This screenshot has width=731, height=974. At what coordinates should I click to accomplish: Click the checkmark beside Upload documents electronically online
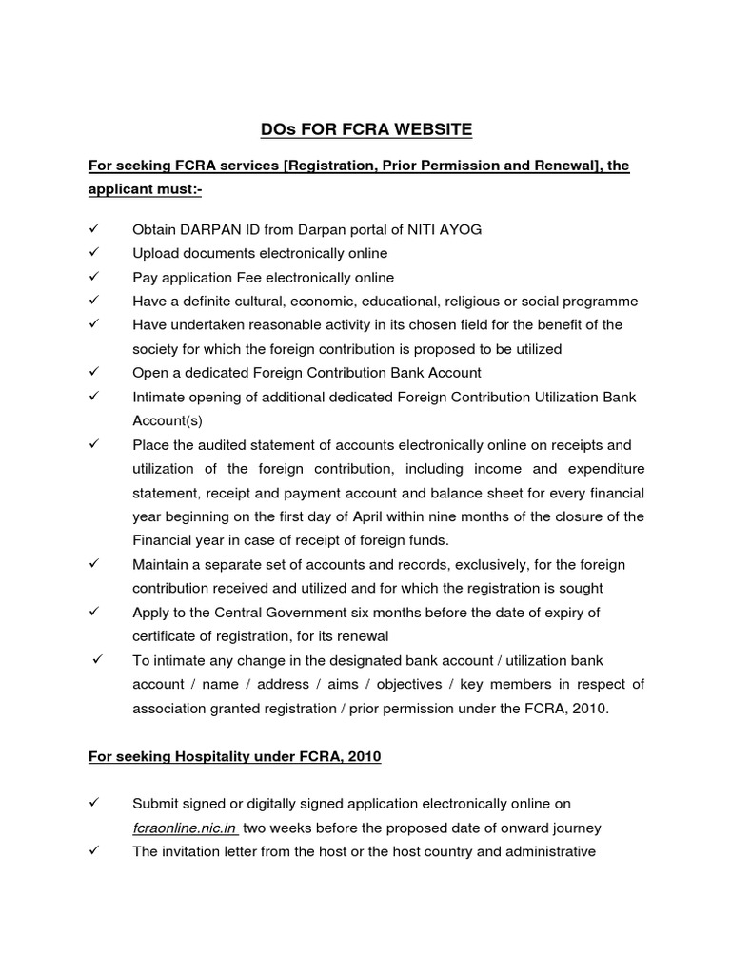pyautogui.click(x=93, y=253)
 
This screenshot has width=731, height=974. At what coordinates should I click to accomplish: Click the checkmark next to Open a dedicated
pyautogui.click(x=93, y=373)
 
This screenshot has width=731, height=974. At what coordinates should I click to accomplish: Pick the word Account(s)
pyautogui.click(x=168, y=420)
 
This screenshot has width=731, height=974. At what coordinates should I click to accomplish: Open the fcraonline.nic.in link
pyautogui.click(x=186, y=828)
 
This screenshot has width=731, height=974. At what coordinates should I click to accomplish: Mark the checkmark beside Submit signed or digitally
pyautogui.click(x=93, y=805)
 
